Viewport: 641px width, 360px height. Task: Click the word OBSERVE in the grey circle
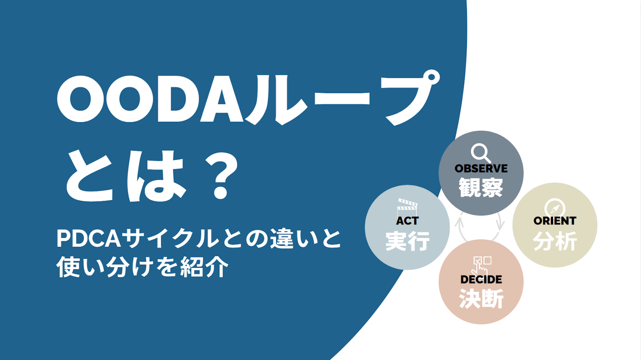[481, 168]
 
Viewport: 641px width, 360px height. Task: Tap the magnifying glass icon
[481, 153]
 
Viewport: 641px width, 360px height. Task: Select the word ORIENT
[555, 221]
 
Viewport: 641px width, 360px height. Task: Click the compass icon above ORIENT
[555, 208]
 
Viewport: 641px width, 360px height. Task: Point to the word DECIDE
[481, 279]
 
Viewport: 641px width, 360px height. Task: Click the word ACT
[407, 221]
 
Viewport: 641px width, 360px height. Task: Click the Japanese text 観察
[481, 188]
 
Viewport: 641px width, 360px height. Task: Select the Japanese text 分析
[555, 241]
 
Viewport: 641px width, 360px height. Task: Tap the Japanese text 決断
[481, 299]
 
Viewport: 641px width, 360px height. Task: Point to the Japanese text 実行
[407, 241]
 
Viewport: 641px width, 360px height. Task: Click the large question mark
[221, 175]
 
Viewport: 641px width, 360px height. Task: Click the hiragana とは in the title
[126, 175]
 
